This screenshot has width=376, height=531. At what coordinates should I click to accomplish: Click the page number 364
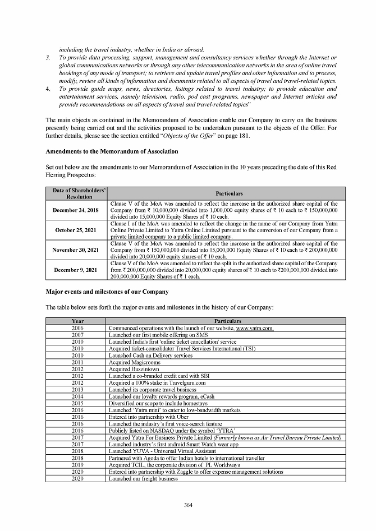click(188, 505)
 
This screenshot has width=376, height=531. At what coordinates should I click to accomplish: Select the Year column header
click(78, 321)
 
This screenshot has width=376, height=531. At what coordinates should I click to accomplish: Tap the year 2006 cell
click(78, 327)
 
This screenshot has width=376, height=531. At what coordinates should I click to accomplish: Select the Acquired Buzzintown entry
click(129, 369)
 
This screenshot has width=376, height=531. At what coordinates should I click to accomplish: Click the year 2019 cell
click(78, 465)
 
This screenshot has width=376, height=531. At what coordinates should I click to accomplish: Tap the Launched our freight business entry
click(143, 478)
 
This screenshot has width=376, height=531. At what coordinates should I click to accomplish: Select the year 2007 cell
click(78, 335)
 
